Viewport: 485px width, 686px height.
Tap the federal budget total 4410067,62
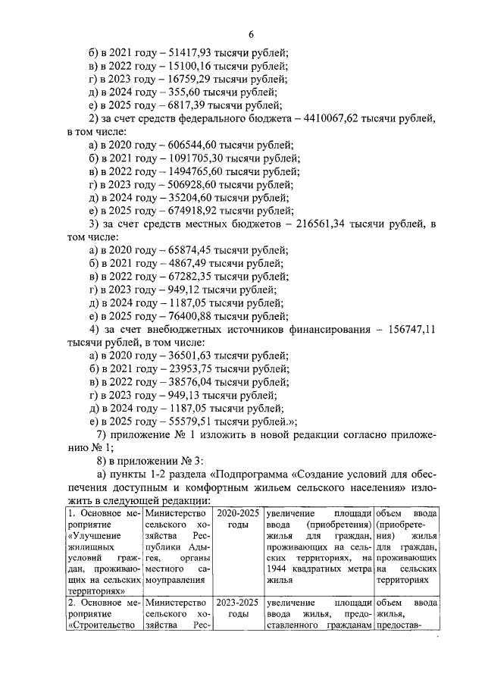tap(343, 118)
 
